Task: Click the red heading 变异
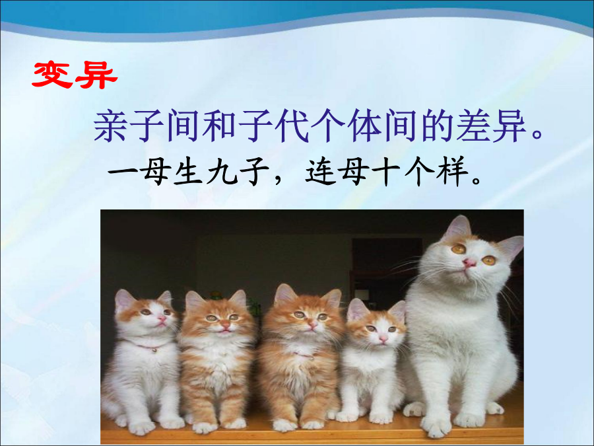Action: coord(75,75)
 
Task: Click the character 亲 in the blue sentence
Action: coord(110,126)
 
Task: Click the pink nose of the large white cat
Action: coord(470,262)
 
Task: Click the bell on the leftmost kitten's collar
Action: coord(154,350)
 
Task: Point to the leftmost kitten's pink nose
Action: coord(160,318)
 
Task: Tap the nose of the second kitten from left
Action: coord(224,325)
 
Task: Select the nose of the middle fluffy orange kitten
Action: coord(313,324)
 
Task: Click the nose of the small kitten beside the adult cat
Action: coord(383,337)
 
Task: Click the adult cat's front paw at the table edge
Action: coord(435,426)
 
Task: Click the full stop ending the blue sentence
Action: coord(538,134)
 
